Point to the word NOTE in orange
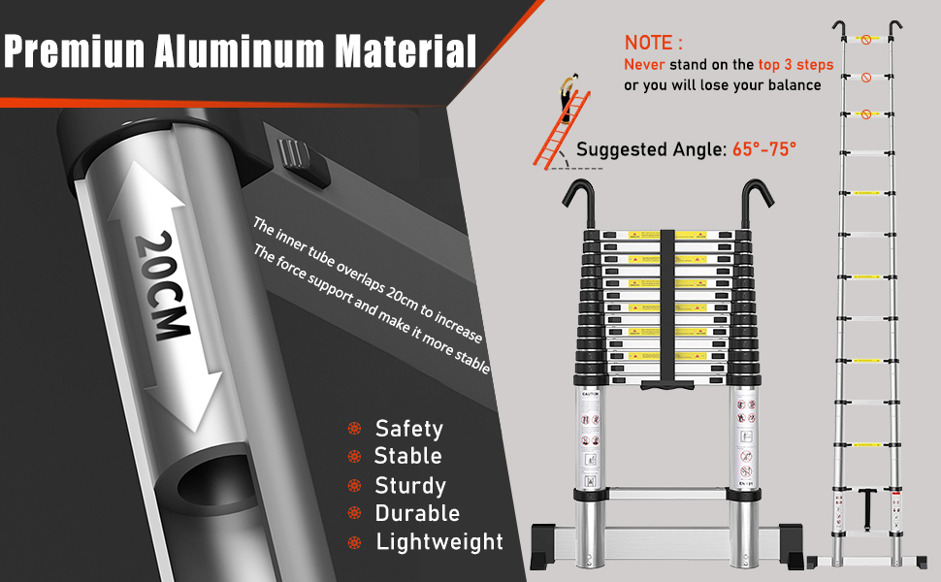(x=653, y=43)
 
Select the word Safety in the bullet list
(x=408, y=429)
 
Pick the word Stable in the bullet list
(x=407, y=456)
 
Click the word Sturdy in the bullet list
(x=409, y=485)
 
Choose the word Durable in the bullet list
(x=417, y=513)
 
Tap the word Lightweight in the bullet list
(x=439, y=541)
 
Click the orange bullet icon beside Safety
(x=356, y=429)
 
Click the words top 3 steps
(x=790, y=65)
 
